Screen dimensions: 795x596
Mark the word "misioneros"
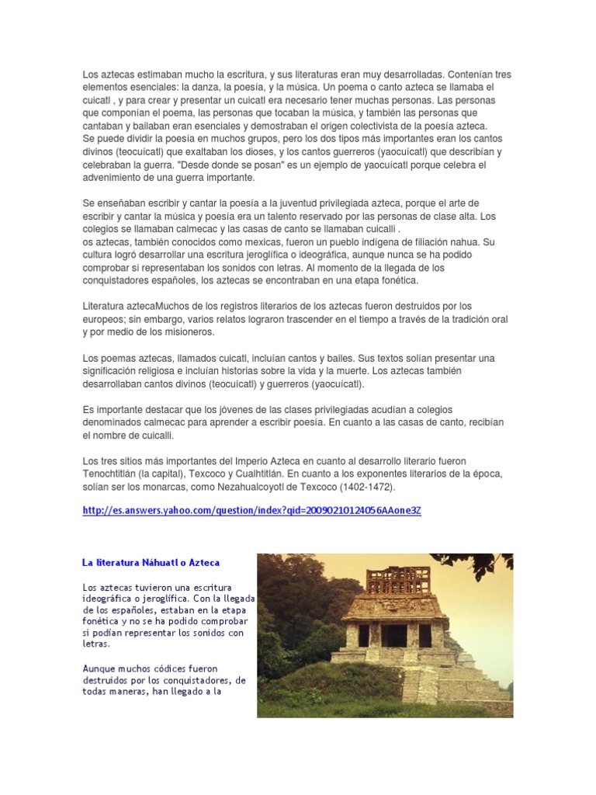click(185, 332)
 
